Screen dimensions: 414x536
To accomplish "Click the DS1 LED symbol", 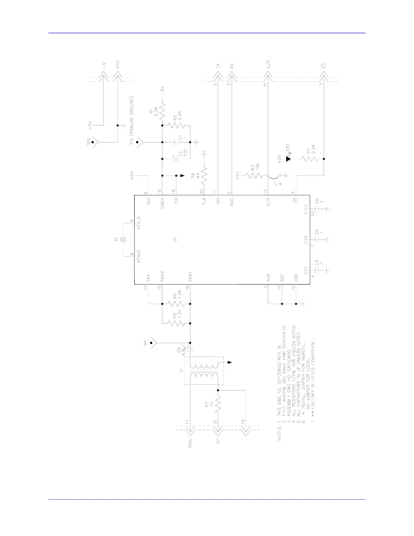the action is [289, 158].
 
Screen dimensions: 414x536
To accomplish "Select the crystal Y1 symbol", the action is [125, 240].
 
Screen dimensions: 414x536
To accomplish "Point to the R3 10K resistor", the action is [254, 176].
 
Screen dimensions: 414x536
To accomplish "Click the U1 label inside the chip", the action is [175, 240].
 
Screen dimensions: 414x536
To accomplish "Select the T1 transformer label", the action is [181, 371].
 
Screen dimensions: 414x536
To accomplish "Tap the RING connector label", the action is [190, 443].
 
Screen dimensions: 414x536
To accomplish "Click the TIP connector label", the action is [218, 442].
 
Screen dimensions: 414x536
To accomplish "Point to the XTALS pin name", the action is [139, 223].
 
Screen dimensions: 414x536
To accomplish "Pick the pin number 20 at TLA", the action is [202, 191].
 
